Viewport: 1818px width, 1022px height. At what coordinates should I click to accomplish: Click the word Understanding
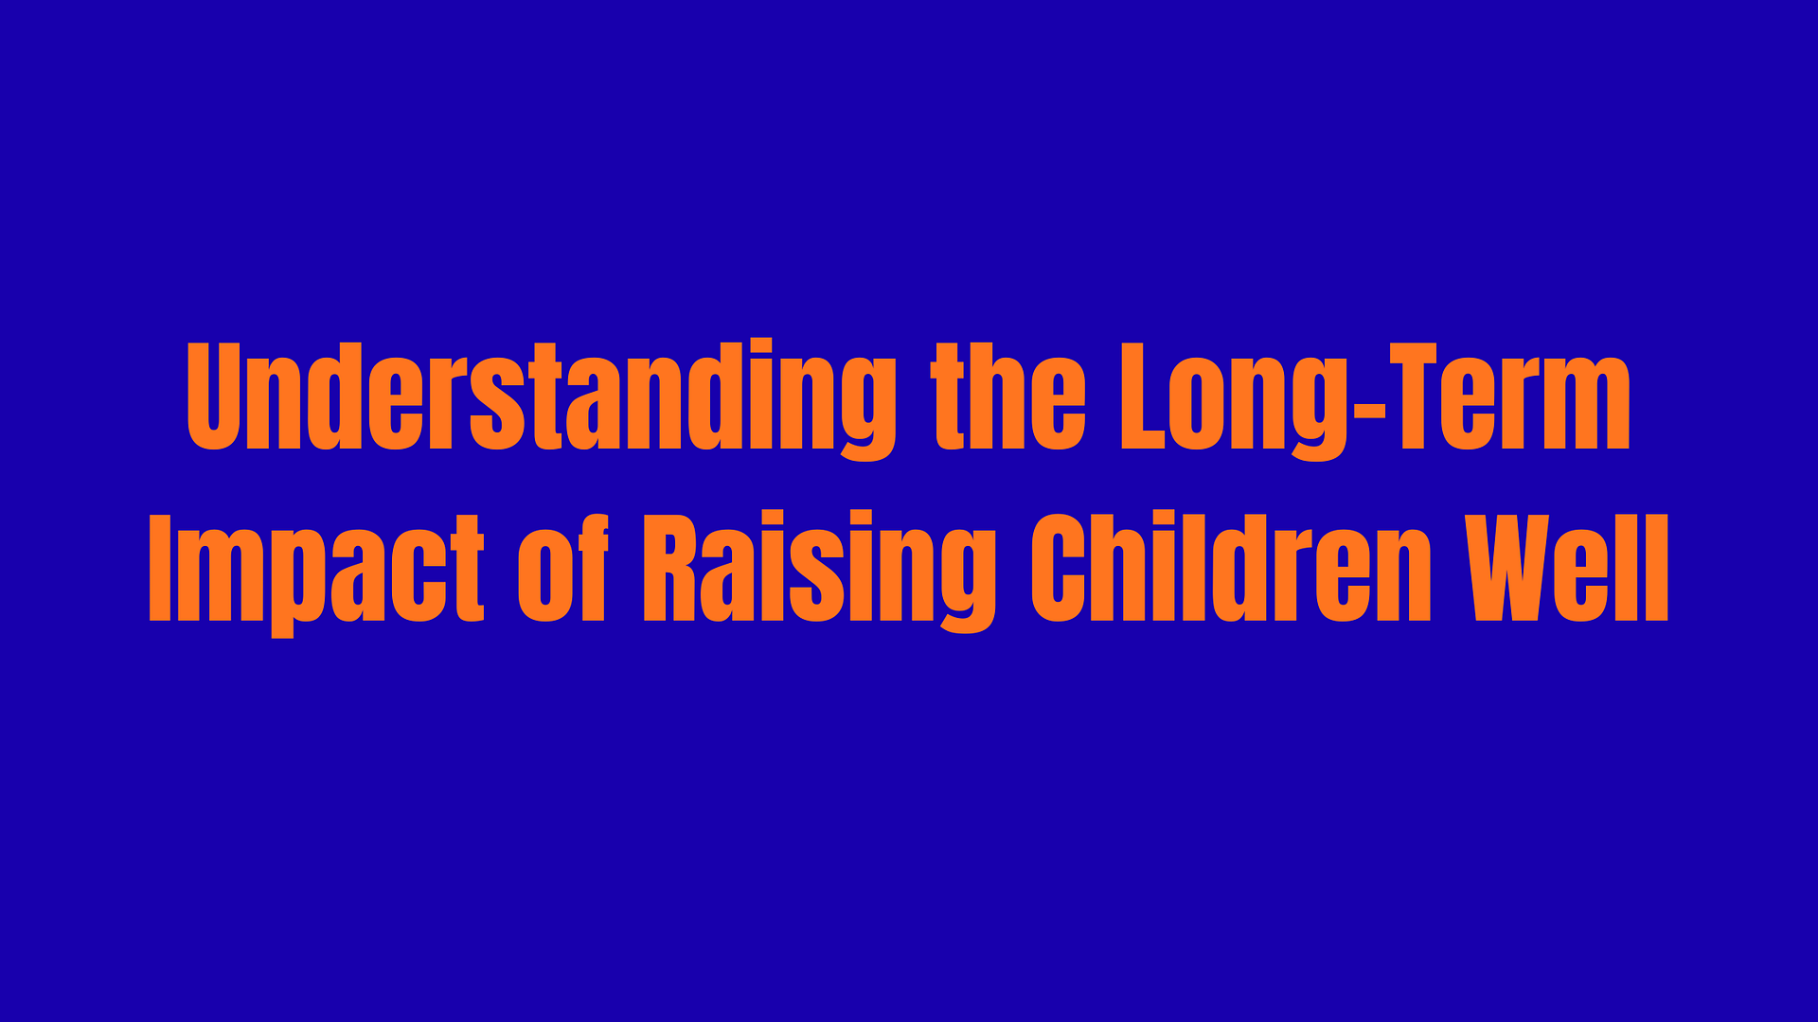click(x=542, y=398)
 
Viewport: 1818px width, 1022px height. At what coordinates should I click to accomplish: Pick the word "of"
click(x=562, y=566)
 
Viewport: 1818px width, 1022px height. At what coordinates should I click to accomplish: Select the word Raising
click(x=820, y=571)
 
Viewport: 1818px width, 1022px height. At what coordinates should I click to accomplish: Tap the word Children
click(x=1231, y=567)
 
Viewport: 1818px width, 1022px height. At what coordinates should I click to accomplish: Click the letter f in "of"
click(x=594, y=566)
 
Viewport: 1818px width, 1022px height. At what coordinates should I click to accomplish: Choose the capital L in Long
click(x=1141, y=396)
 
